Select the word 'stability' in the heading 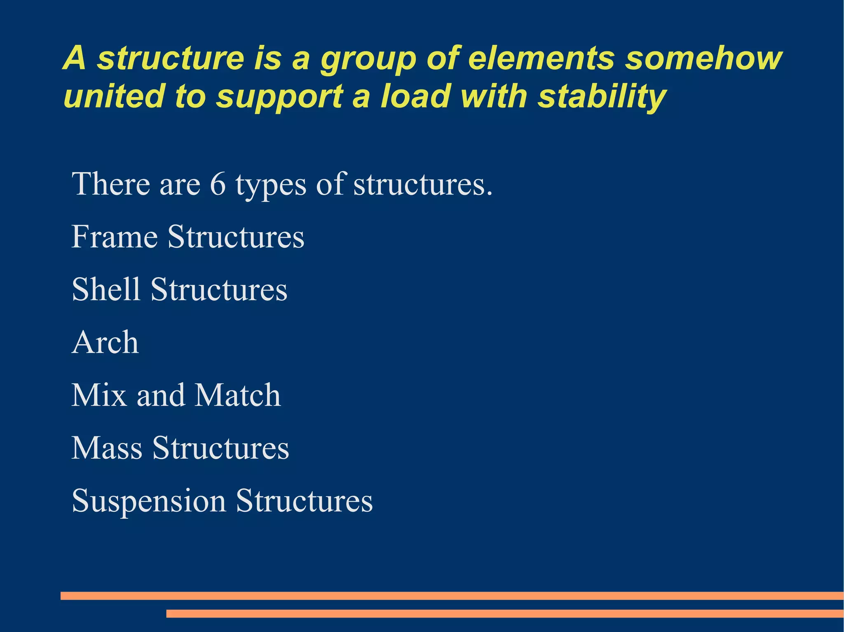tap(602, 97)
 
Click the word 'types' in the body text tap(271, 185)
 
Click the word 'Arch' tap(105, 342)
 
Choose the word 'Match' tap(237, 395)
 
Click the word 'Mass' tap(107, 448)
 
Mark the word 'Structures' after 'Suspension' tap(304, 501)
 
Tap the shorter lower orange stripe tap(505, 613)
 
